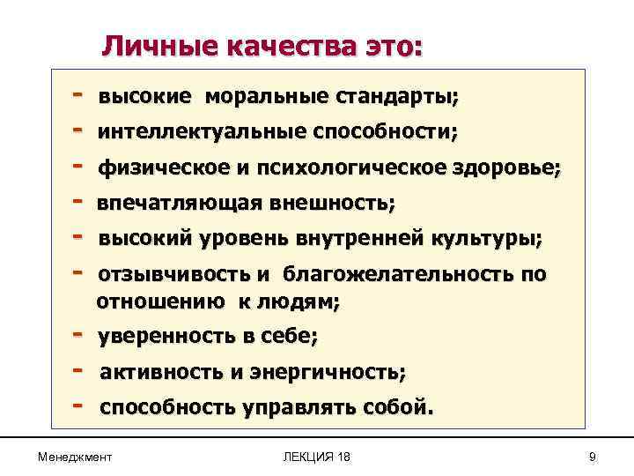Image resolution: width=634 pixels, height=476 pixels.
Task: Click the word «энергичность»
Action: pyautogui.click(x=338, y=373)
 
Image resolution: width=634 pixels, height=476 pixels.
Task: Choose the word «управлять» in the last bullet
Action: pyautogui.click(x=299, y=408)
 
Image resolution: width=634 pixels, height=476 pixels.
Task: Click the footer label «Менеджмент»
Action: pyautogui.click(x=75, y=456)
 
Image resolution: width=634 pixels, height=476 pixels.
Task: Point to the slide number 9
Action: pyautogui.click(x=592, y=456)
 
